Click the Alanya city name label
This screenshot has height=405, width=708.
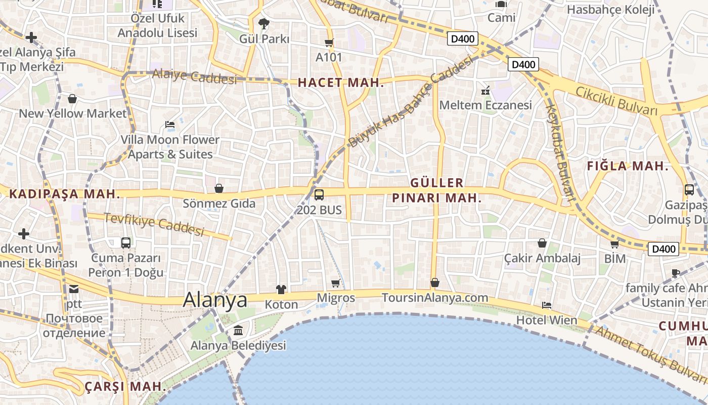click(x=215, y=300)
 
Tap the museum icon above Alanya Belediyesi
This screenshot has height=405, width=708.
click(x=238, y=331)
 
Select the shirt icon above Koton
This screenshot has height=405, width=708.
click(x=281, y=290)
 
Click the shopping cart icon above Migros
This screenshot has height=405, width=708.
click(x=336, y=283)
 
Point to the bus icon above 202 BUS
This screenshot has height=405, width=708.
click(x=319, y=194)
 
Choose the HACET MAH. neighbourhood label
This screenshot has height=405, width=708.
click(x=341, y=83)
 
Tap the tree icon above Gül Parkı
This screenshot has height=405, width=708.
click(x=263, y=23)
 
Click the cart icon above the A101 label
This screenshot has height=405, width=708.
click(x=329, y=43)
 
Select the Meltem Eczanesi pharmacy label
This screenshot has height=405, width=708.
click(x=485, y=105)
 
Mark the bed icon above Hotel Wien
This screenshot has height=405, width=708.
click(x=546, y=305)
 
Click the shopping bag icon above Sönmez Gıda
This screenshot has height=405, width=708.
click(x=219, y=189)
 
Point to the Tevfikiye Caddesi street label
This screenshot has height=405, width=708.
click(x=154, y=224)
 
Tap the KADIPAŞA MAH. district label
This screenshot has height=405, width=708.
click(x=65, y=194)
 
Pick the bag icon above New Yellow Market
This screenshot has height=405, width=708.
click(x=72, y=99)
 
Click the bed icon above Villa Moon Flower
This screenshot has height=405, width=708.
click(x=170, y=125)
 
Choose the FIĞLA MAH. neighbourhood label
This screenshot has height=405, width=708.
click(x=627, y=166)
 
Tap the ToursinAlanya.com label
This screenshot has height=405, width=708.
click(x=435, y=298)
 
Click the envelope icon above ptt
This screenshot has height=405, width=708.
click(x=74, y=289)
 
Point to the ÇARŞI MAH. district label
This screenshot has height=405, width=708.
click(x=125, y=386)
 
